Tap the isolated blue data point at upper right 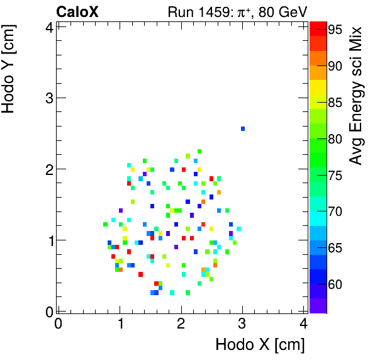tap(243, 128)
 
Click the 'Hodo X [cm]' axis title tap(260, 345)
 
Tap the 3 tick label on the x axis tap(242, 324)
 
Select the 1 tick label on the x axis tap(120, 324)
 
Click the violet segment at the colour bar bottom tap(318, 305)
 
